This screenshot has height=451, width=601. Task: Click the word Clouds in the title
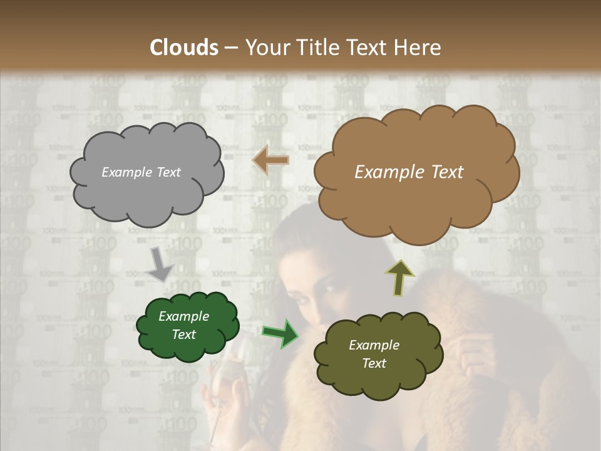[184, 48]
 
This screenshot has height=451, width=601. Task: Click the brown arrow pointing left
[270, 161]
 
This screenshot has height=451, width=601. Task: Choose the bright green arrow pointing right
[280, 333]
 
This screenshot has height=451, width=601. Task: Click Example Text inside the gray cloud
[141, 172]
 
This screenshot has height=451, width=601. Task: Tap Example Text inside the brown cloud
[409, 172]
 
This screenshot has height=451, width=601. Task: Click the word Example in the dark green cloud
[183, 316]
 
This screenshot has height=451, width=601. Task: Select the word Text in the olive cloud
[374, 363]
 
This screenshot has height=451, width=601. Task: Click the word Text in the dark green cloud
[183, 334]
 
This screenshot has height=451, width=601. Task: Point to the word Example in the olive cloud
[374, 345]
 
